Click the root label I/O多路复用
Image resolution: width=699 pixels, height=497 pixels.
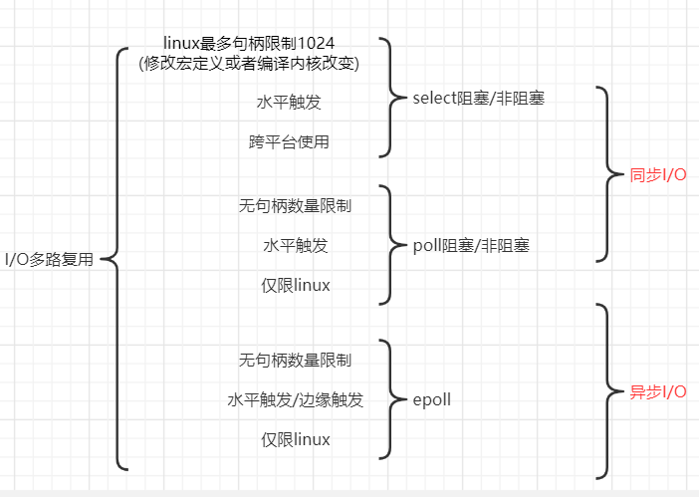(49, 260)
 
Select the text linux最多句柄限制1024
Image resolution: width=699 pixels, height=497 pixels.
(249, 43)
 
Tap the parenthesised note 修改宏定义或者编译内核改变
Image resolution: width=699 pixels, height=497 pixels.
(249, 63)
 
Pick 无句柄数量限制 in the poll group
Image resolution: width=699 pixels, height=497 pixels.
(295, 206)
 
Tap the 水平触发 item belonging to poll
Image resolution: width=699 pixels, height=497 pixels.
(295, 246)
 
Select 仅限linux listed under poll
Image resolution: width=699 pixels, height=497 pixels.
(295, 286)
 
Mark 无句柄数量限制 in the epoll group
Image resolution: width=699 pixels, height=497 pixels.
(295, 360)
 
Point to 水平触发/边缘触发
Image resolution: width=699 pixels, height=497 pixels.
(295, 399)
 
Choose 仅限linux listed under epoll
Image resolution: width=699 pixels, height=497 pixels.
(295, 439)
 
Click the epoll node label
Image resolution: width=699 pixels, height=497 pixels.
(432, 399)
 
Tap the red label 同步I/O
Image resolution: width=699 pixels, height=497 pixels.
(658, 175)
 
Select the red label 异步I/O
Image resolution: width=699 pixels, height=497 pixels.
(658, 391)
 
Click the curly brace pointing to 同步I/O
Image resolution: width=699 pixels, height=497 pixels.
(609, 174)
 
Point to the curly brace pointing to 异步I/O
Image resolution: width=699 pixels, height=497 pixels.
(609, 390)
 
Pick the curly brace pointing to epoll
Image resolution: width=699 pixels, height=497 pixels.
(390, 399)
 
